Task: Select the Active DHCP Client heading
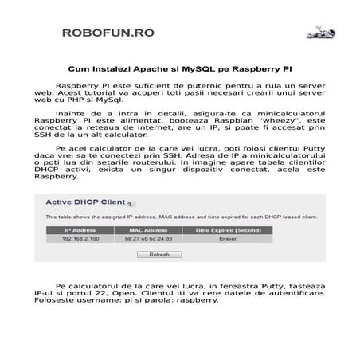tap(85, 202)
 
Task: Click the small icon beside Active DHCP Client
tap(130, 203)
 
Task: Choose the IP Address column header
tap(80, 230)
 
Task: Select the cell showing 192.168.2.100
tap(80, 238)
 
